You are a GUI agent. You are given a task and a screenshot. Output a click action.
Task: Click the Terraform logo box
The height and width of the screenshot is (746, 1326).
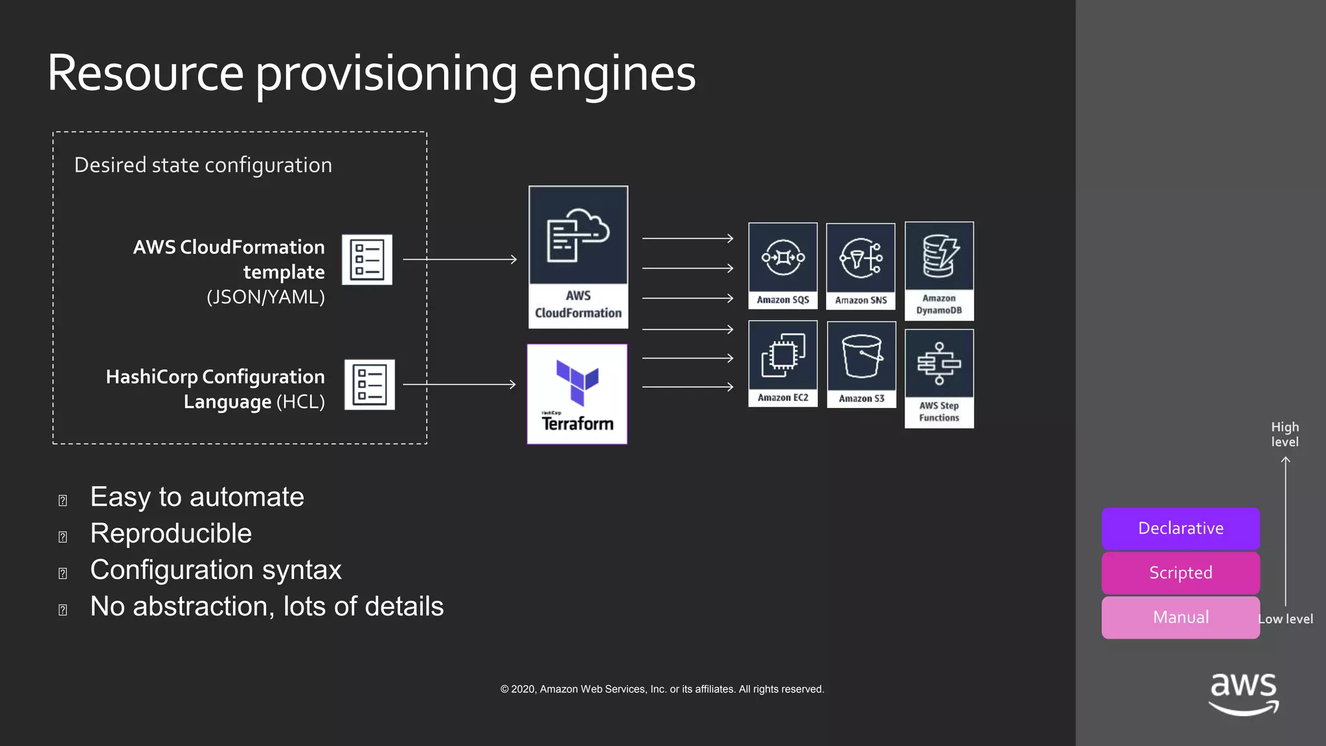(577, 394)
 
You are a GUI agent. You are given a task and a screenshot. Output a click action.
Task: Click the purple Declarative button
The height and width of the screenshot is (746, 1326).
(1180, 528)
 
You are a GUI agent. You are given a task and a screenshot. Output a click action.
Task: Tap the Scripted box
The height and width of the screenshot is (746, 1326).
(1180, 573)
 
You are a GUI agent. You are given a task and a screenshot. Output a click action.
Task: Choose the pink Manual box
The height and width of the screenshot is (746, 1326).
(1180, 617)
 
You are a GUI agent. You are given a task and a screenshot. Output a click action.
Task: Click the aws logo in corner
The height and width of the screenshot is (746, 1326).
(1243, 693)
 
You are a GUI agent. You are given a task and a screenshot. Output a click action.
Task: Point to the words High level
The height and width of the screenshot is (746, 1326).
(1285, 435)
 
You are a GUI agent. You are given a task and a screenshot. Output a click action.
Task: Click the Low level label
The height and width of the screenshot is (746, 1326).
(1286, 619)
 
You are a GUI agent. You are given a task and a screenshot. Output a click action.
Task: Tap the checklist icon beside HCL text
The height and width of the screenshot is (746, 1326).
(369, 385)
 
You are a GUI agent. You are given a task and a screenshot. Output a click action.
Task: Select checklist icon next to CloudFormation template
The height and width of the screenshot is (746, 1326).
(366, 260)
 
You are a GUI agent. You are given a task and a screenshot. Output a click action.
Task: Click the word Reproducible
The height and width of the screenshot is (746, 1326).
(171, 534)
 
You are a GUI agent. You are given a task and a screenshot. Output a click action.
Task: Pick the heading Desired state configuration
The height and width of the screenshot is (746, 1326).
(203, 165)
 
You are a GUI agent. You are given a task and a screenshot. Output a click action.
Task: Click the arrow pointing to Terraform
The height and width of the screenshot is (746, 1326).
(459, 385)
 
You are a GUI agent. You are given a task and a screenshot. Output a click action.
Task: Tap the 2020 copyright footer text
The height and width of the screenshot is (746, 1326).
(662, 689)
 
